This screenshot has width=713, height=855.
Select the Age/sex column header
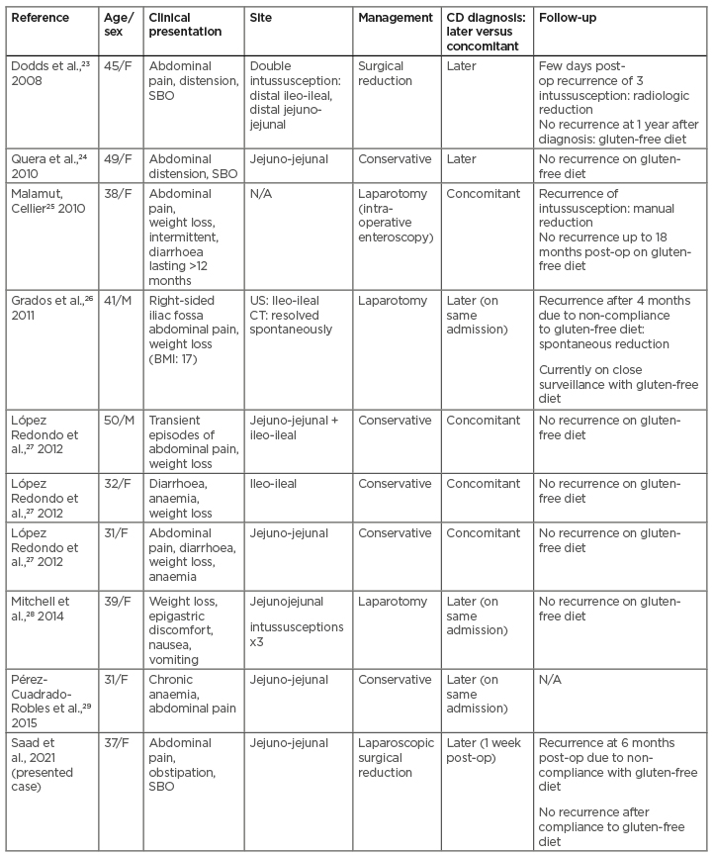119,25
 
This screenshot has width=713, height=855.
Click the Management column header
396,18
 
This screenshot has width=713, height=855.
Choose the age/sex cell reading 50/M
117,421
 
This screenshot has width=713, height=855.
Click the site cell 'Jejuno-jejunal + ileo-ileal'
297,427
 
